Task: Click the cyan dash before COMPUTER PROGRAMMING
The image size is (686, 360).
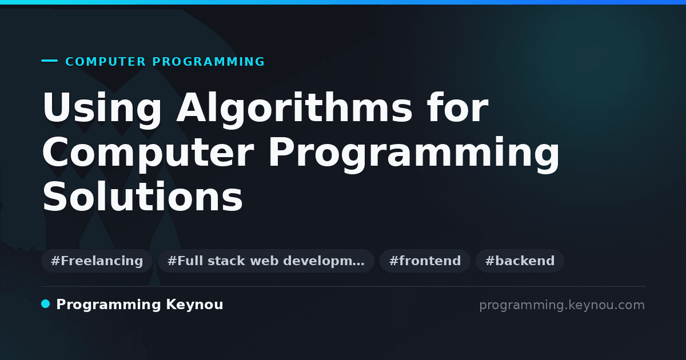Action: [49, 61]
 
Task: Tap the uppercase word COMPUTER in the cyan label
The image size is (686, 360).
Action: [105, 62]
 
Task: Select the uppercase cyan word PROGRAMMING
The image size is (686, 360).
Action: [208, 62]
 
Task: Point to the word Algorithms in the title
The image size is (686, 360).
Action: [294, 107]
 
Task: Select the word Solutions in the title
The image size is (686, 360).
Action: [143, 196]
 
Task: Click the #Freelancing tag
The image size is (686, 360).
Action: [97, 261]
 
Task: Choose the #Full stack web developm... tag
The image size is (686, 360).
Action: [266, 261]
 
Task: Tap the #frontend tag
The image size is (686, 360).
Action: [425, 261]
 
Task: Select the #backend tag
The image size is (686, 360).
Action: [520, 261]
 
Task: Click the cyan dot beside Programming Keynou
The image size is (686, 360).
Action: [45, 304]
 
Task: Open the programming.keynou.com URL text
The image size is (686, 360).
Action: [562, 305]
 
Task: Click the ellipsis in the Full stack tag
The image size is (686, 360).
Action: [359, 264]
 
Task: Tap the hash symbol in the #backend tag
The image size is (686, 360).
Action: [490, 261]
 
